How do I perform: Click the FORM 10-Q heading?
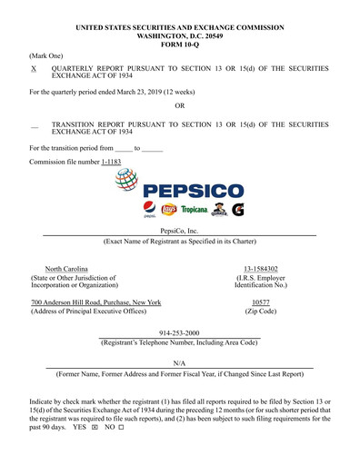179,45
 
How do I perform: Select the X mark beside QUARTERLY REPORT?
34,68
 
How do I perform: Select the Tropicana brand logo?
190,210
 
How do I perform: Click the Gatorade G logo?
237,210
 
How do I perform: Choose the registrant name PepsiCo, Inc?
179,232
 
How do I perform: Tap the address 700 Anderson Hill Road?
96,302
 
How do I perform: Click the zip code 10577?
260,302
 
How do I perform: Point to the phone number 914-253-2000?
179,333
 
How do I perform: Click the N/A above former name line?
179,363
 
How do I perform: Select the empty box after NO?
120,427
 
